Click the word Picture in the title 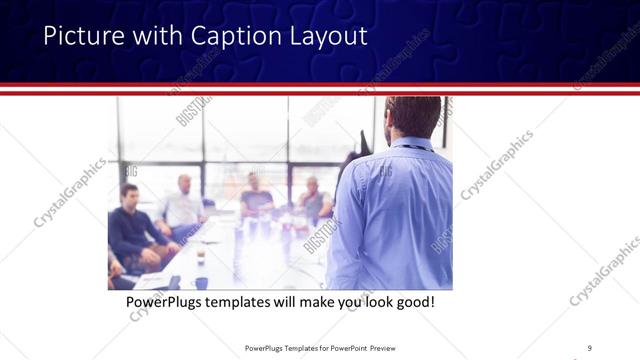click(81, 36)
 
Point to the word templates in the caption click(246, 300)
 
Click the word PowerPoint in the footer click(340, 348)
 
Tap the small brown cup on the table click(200, 256)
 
